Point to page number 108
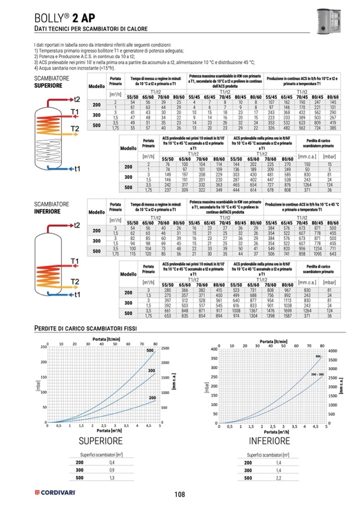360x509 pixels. click(x=179, y=494)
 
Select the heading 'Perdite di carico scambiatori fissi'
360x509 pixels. click(x=86, y=327)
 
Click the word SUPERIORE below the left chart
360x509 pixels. click(x=100, y=441)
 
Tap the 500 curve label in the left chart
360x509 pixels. click(x=150, y=350)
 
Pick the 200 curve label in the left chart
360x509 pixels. click(x=152, y=397)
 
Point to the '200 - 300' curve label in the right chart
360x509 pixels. click(x=319, y=375)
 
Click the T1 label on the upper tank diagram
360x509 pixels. click(x=74, y=111)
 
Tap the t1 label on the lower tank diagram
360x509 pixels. click(x=76, y=294)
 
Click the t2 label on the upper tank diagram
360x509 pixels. click(x=77, y=99)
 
